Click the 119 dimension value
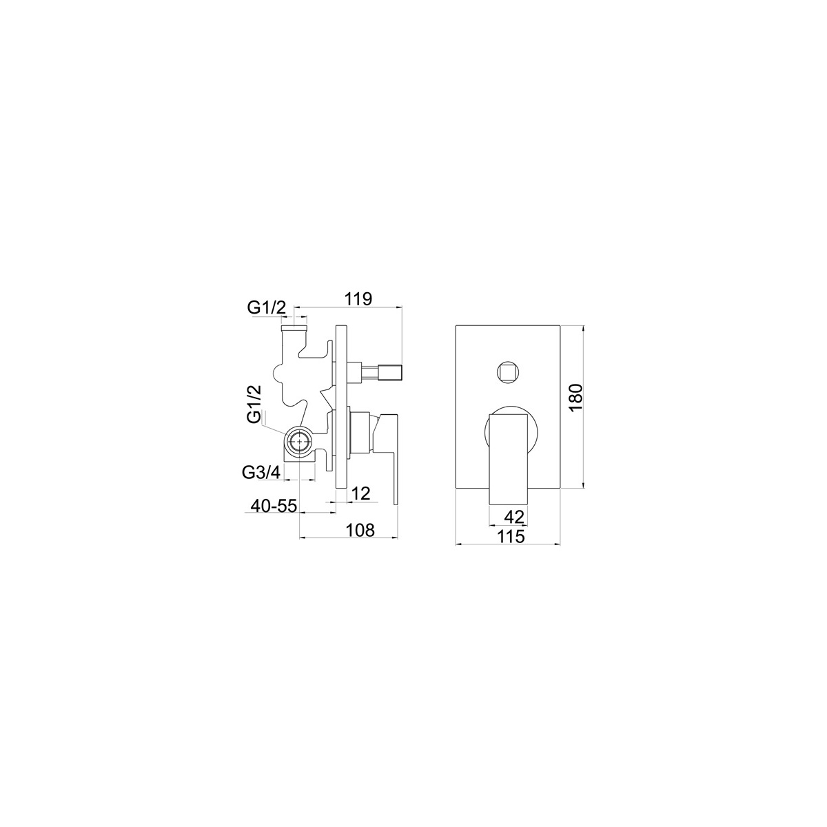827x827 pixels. pos(359,298)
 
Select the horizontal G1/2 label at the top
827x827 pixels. pos(266,307)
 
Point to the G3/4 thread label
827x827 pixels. pos(261,473)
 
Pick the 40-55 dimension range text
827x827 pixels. pos(274,506)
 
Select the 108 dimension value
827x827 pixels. pos(360,530)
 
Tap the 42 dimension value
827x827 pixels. pos(514,517)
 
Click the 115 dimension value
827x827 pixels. pos(511,536)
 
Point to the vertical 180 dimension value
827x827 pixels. pos(576,396)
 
